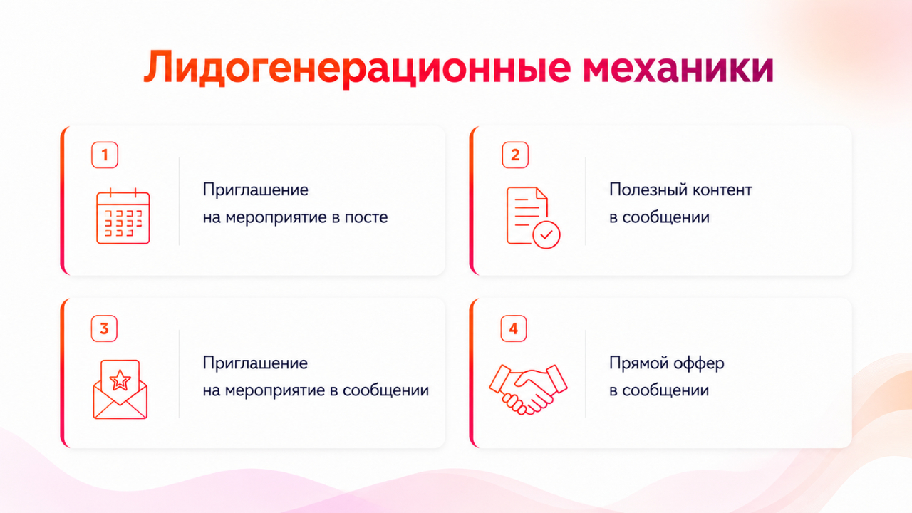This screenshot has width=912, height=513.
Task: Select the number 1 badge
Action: [105, 155]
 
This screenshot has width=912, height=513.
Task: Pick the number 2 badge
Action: [515, 155]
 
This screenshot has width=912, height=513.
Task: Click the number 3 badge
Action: [104, 328]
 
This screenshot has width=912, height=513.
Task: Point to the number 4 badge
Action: [514, 328]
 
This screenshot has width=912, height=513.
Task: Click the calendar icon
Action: [123, 216]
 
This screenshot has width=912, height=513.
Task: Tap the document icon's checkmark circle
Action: [546, 234]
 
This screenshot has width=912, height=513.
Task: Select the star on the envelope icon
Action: [120, 380]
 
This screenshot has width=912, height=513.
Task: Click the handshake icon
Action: [528, 390]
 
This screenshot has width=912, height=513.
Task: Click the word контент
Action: [722, 190]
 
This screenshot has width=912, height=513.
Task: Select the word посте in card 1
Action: [366, 217]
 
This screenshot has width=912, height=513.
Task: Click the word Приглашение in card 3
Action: [255, 363]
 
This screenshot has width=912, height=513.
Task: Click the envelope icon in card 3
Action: [120, 390]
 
